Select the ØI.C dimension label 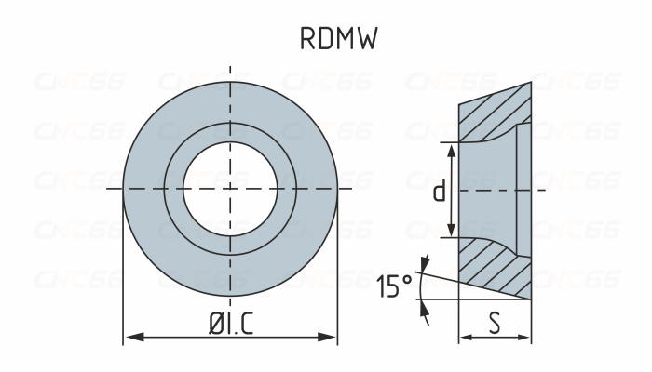(x=229, y=325)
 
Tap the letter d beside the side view (x=439, y=192)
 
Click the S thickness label (x=495, y=325)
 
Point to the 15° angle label (x=394, y=286)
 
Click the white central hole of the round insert (x=229, y=189)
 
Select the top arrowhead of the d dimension (x=452, y=150)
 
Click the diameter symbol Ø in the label (x=214, y=325)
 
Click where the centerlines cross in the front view (x=229, y=189)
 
